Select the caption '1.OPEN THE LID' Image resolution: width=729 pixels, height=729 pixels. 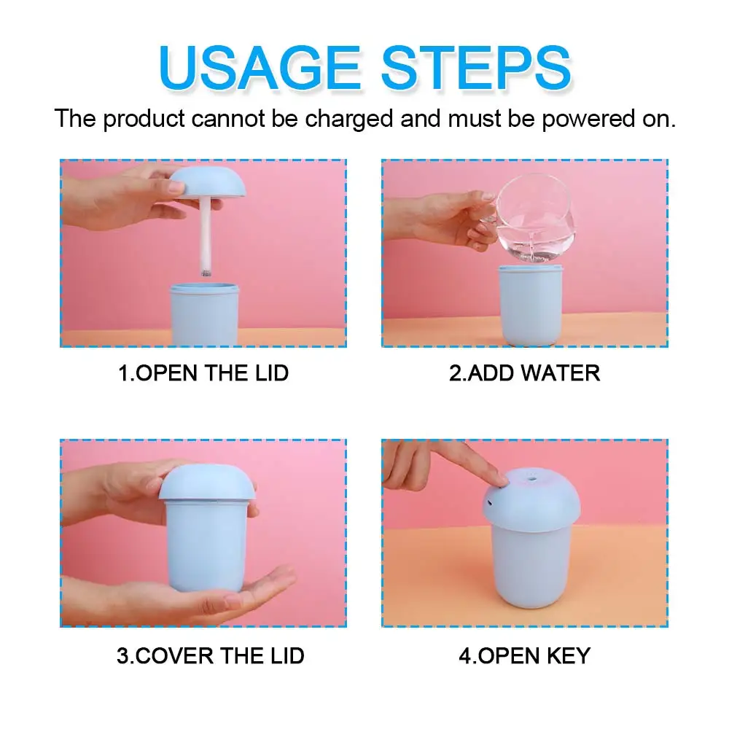click(x=203, y=373)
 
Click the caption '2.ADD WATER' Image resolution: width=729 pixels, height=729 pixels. click(x=524, y=373)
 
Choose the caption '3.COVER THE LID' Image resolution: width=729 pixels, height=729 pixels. click(x=210, y=655)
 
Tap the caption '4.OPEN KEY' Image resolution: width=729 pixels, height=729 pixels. click(x=524, y=655)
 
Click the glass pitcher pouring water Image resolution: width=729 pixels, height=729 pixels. click(x=532, y=219)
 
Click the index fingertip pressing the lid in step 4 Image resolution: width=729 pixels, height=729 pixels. click(x=499, y=477)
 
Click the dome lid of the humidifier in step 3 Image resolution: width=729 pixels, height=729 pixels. click(x=207, y=483)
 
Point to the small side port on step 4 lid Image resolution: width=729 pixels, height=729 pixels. click(x=490, y=502)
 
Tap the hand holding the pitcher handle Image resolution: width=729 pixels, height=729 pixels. click(x=467, y=219)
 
